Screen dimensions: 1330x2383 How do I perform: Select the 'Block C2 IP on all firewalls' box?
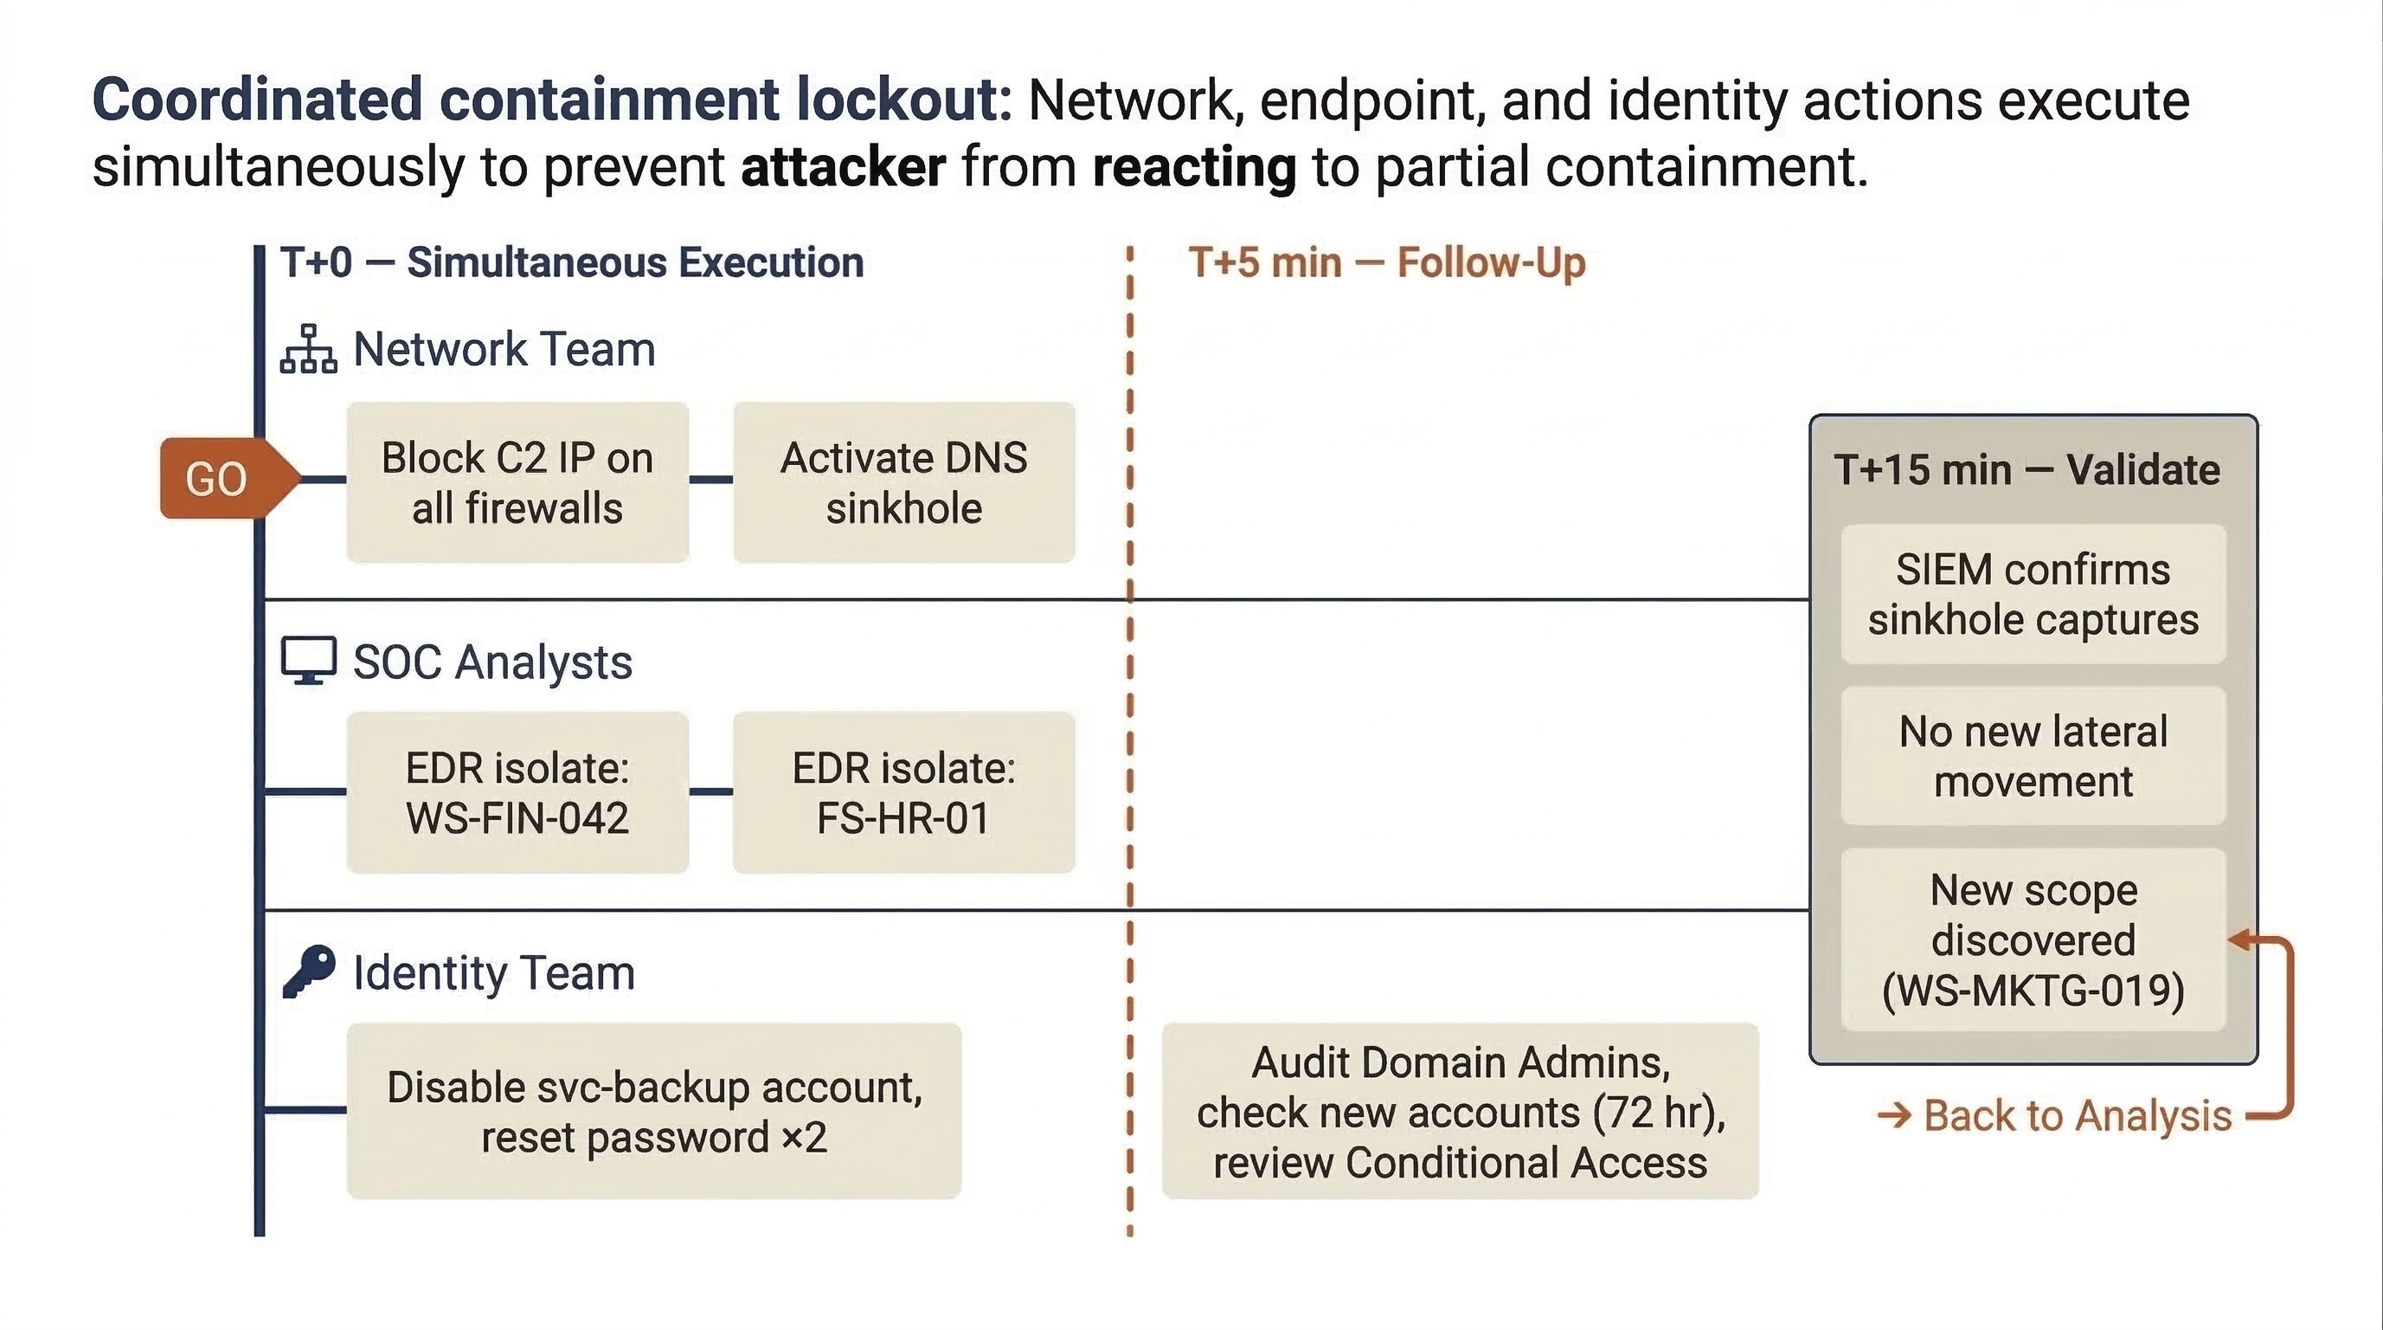tap(517, 482)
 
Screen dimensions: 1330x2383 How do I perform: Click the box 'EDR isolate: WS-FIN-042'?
tap(517, 792)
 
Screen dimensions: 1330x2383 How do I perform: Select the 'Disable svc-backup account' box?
tap(653, 1111)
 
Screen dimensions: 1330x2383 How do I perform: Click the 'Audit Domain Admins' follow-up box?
tap(1459, 1111)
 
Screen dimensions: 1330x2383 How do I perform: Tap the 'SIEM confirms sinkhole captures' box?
tap(2033, 594)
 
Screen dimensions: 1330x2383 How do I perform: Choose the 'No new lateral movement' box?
tap(2033, 756)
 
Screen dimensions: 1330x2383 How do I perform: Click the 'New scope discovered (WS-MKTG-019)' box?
tap(2033, 939)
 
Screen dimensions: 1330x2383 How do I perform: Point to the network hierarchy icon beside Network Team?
tap(308, 349)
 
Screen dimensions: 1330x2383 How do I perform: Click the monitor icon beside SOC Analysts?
tap(308, 661)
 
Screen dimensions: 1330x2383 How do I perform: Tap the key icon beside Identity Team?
tap(308, 971)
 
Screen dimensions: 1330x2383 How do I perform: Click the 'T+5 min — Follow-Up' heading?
tap(1386, 263)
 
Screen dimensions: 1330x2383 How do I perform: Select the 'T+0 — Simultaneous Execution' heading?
tap(572, 263)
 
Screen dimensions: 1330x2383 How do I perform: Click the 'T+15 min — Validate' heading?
tap(2026, 470)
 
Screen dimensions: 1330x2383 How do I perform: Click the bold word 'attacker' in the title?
tap(843, 167)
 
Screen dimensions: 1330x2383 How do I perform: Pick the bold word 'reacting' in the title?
tap(1193, 167)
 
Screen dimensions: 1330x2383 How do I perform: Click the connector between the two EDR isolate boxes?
tap(710, 791)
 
